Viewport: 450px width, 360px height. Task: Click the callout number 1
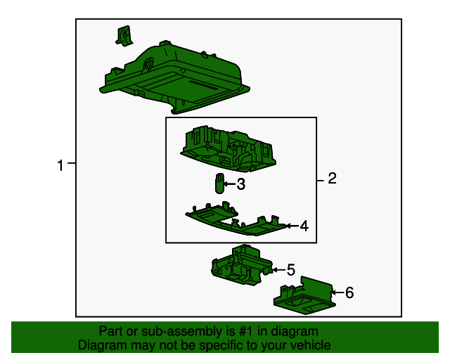(60, 166)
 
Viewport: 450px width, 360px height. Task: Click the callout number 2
(332, 179)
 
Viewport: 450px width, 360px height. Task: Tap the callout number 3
(241, 184)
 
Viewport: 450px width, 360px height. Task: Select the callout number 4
(304, 226)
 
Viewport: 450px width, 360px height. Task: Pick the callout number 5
(291, 270)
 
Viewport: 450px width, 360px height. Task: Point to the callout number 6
(349, 292)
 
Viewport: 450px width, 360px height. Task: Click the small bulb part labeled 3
(219, 183)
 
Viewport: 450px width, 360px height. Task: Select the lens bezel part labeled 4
(236, 219)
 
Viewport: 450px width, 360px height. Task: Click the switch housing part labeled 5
(242, 264)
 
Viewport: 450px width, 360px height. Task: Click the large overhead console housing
(174, 77)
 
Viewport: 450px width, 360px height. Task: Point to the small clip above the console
(124, 36)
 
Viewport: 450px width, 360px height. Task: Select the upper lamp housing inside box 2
(229, 149)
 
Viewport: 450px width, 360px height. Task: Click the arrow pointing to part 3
(230, 184)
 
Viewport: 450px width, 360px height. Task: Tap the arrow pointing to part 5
(278, 270)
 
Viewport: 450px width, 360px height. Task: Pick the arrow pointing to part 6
(337, 292)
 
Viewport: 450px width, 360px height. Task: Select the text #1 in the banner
(246, 331)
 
